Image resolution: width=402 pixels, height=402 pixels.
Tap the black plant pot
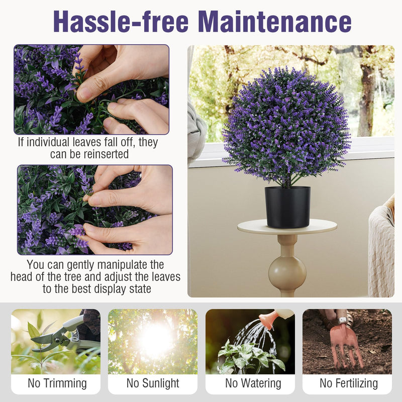pyautogui.click(x=287, y=206)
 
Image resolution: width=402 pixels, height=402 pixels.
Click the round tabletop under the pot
pyautogui.click(x=287, y=227)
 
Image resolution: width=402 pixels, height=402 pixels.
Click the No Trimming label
pyautogui.click(x=57, y=383)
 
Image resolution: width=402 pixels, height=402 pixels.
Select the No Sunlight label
pyautogui.click(x=153, y=383)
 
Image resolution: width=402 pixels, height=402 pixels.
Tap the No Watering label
pyautogui.click(x=253, y=383)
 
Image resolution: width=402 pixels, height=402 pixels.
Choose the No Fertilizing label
pyautogui.click(x=348, y=383)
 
